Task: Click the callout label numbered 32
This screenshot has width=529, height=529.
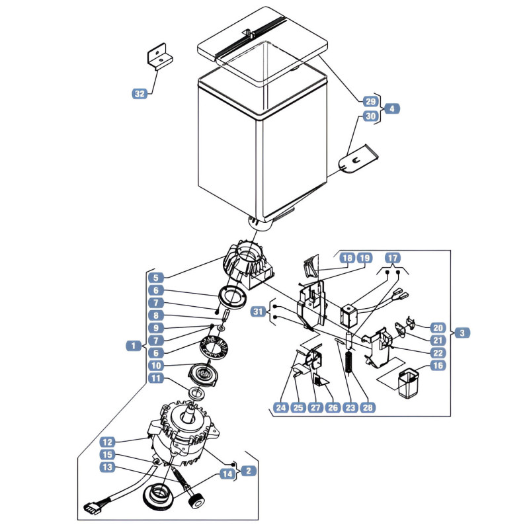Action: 140,94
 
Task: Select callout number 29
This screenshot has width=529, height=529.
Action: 370,101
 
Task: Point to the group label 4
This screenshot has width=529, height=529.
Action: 391,108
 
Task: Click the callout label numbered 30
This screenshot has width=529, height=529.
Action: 370,116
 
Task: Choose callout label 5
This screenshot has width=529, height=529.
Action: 156,278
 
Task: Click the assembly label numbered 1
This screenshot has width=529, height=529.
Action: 134,345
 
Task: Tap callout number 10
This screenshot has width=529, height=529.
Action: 156,366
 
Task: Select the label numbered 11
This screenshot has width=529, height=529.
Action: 156,378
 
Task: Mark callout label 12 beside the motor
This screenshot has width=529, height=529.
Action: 108,442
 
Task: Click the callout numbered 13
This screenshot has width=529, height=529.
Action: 108,468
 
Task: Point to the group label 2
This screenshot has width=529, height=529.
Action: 249,471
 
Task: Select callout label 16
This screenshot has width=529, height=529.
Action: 438,366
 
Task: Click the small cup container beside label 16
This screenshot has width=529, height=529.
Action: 408,384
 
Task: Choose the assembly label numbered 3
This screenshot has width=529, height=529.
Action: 462,333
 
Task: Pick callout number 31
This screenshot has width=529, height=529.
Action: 258,311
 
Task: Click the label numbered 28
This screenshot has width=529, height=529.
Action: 368,407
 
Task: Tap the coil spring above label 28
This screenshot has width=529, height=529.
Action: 349,362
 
